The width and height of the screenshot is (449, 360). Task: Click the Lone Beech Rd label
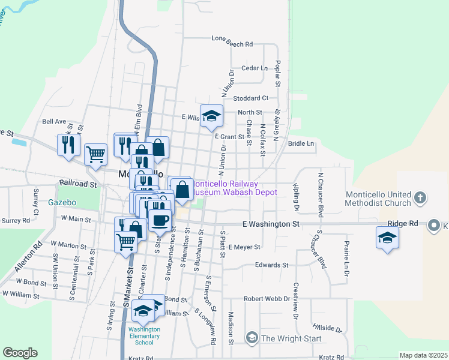pyautogui.click(x=232, y=44)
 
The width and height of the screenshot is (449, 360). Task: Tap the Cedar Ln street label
pyautogui.click(x=254, y=68)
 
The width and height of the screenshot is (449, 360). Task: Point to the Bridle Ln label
pyautogui.click(x=301, y=144)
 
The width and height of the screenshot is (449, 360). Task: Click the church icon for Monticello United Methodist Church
pyautogui.click(x=421, y=197)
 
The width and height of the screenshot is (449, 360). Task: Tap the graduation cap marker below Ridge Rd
pyautogui.click(x=388, y=239)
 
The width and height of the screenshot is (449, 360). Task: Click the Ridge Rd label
pyautogui.click(x=402, y=223)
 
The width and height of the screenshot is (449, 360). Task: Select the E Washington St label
pyautogui.click(x=270, y=224)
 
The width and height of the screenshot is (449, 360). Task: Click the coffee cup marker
pyautogui.click(x=160, y=220)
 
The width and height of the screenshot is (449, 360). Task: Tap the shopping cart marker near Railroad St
pyautogui.click(x=95, y=154)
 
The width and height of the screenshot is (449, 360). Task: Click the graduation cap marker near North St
pyautogui.click(x=211, y=116)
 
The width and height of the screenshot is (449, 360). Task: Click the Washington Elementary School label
pyautogui.click(x=144, y=336)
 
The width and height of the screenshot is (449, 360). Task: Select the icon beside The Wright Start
pyautogui.click(x=252, y=338)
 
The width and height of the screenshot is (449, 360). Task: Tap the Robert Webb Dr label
pyautogui.click(x=267, y=298)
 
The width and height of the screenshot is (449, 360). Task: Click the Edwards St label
pyautogui.click(x=271, y=265)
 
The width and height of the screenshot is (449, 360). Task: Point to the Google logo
pyautogui.click(x=20, y=353)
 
